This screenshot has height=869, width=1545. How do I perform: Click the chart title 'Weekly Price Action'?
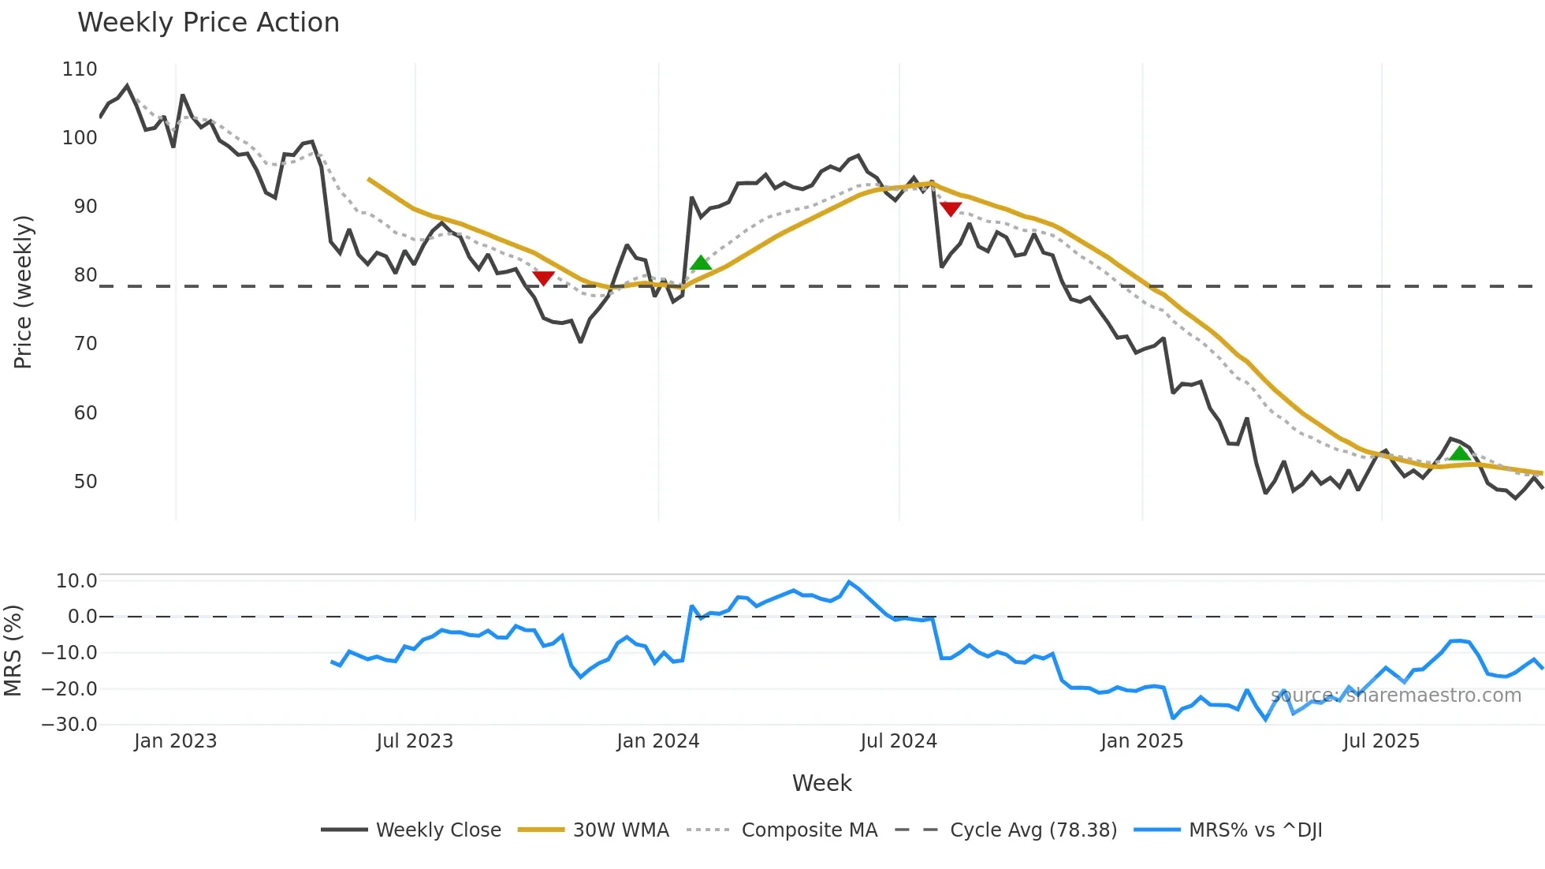pos(208,23)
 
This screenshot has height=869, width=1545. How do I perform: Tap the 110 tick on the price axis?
pos(80,69)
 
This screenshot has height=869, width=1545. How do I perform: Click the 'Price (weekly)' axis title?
pos(24,292)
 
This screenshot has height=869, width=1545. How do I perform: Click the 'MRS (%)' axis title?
pos(13,651)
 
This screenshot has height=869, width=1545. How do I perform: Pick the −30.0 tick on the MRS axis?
pos(69,725)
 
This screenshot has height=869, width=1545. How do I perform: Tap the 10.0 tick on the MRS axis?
pos(76,581)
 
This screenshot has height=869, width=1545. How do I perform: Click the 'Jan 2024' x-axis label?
pos(657,741)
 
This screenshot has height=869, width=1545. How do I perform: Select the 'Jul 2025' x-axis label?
pos(1381,741)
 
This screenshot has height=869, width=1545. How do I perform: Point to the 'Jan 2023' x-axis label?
pos(175,741)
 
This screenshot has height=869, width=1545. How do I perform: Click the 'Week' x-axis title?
pos(821,783)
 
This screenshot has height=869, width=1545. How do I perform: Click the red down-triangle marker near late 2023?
pos(543,278)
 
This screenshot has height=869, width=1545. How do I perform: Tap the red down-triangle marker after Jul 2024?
pos(951,209)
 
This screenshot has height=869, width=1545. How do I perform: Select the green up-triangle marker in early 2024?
pos(701,263)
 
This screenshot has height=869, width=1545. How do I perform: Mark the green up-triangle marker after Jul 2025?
pos(1460,453)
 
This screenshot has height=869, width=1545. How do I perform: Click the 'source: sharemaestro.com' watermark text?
pos(1395,696)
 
